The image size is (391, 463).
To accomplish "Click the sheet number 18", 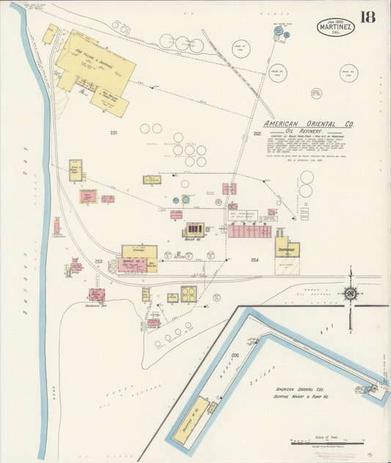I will (368, 16).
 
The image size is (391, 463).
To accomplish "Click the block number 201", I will (114, 133).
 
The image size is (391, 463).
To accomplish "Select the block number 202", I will (257, 133).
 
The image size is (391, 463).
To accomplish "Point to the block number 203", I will (98, 262).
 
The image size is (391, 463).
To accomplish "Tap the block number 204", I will (255, 260).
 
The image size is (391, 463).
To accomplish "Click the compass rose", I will (351, 294).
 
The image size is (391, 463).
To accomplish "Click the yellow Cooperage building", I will (287, 250).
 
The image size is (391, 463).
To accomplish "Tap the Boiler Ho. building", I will (195, 230).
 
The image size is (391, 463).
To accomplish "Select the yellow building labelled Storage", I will (139, 251).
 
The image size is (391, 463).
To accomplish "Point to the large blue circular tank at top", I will (279, 31).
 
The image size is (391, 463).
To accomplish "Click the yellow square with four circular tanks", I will (189, 294).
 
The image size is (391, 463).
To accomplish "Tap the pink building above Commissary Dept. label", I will (96, 295).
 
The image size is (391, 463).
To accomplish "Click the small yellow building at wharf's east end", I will (376, 389).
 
